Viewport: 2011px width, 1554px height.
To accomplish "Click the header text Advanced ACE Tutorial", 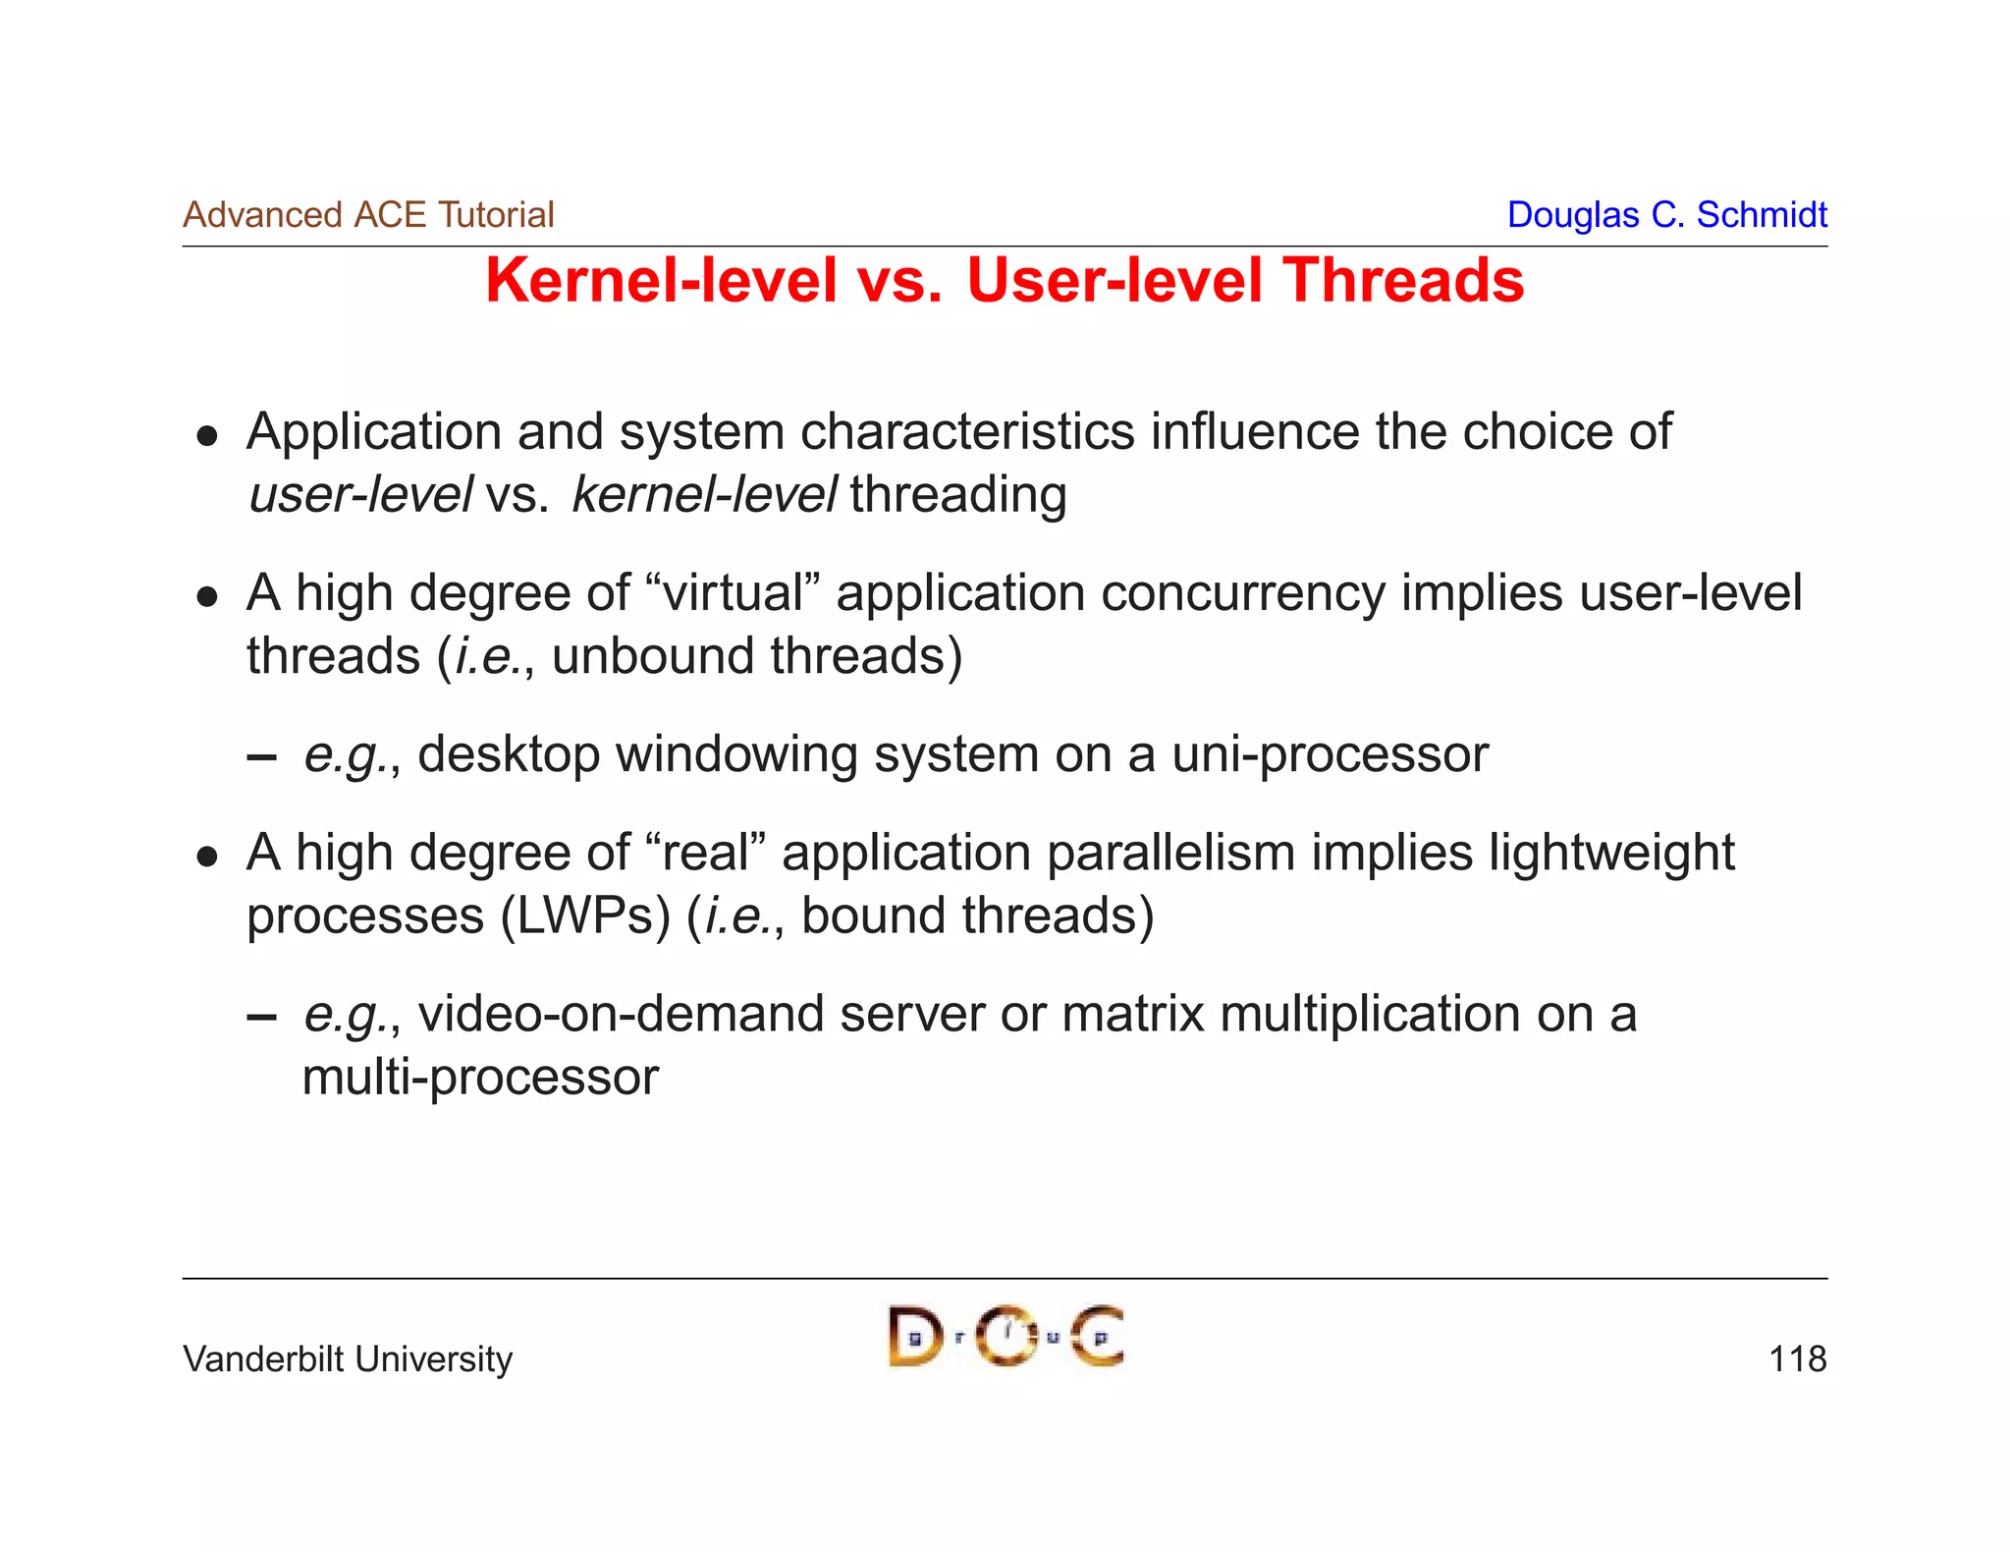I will (368, 215).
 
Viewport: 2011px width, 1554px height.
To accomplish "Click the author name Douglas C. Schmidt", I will (1666, 215).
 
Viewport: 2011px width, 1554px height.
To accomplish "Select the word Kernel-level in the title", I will (662, 281).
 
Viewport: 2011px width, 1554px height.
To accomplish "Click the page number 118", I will (1797, 1360).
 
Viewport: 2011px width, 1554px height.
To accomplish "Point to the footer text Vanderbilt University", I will (348, 1360).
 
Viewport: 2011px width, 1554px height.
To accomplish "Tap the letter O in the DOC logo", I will (1005, 1337).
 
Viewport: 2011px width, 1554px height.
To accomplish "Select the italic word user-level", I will (360, 494).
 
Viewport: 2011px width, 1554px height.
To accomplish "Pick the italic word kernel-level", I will (704, 494).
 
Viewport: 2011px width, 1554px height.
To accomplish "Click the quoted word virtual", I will (734, 594).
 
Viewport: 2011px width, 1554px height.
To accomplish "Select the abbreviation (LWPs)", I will (585, 916).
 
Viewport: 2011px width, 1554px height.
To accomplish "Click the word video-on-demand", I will (621, 1015).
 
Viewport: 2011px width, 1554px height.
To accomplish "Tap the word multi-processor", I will (480, 1078).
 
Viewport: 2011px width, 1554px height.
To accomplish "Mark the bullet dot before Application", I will (206, 435).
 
